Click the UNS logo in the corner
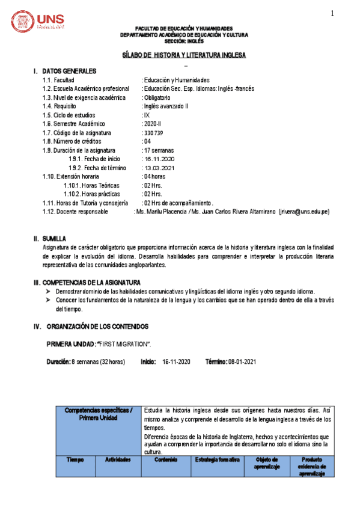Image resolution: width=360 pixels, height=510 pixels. point(38,23)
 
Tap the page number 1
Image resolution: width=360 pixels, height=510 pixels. point(331,14)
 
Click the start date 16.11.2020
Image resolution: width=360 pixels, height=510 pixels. point(160,159)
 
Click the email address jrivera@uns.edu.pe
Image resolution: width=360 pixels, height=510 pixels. point(304,212)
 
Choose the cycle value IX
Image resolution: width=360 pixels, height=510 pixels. point(146,115)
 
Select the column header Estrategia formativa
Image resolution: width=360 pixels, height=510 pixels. point(218,460)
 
